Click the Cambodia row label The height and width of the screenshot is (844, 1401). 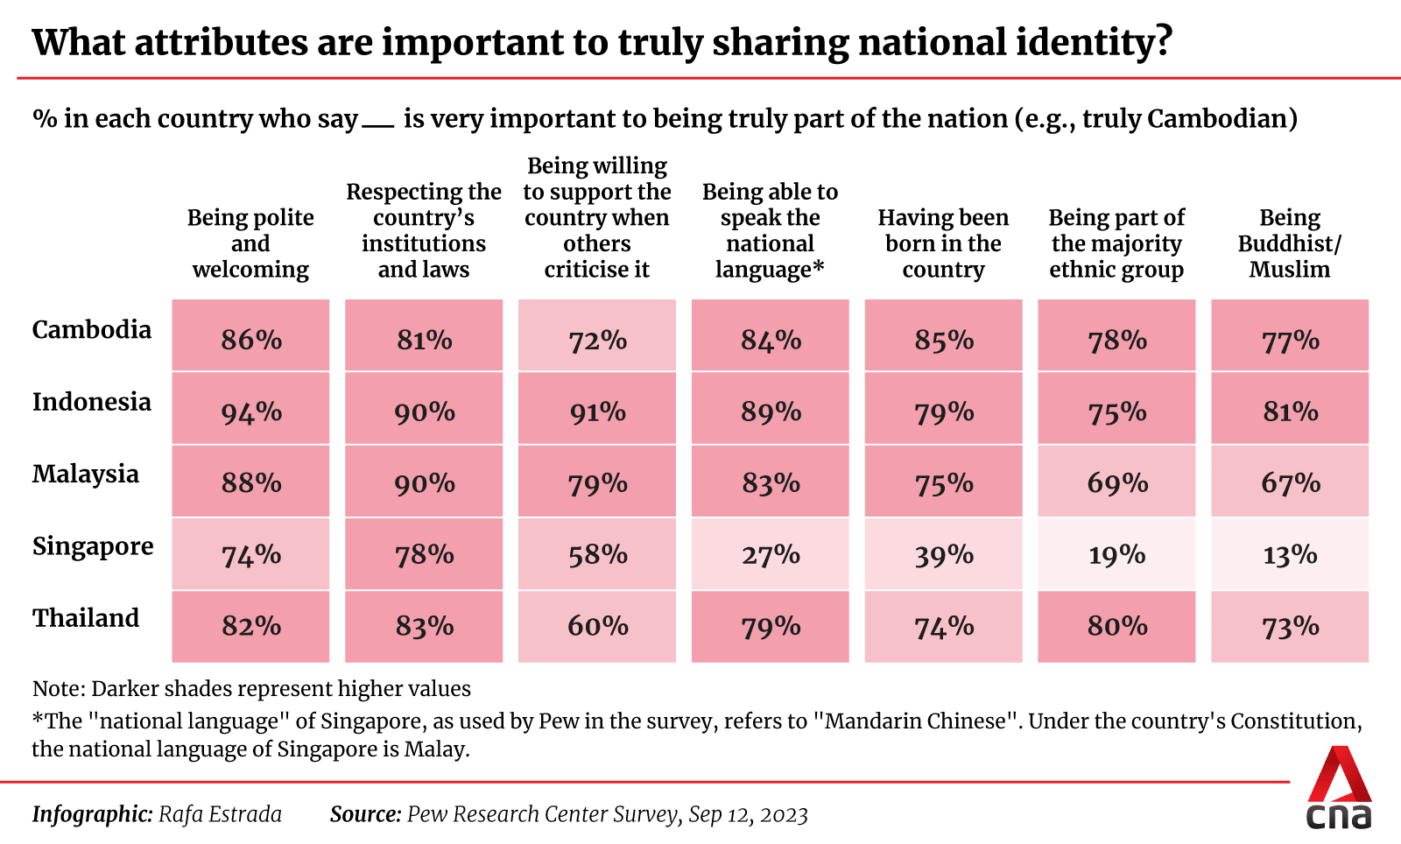92,330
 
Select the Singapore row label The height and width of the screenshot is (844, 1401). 93,546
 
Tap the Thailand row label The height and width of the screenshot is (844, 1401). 86,618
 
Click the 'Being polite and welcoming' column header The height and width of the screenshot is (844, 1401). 250,243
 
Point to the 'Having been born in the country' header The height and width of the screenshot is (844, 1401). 943,243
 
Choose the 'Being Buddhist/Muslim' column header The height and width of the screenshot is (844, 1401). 1289,243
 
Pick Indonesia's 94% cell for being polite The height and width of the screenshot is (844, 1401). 251,411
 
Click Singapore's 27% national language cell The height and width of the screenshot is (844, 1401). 771,555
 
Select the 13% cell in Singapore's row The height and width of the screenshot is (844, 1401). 1290,555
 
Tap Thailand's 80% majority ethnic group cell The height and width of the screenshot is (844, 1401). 1116,627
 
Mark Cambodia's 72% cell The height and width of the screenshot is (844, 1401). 597,340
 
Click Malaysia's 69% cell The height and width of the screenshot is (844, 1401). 1116,483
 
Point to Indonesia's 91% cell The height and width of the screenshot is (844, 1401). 597,411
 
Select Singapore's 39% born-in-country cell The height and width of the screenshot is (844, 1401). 943,555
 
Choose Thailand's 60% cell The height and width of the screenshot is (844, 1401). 597,627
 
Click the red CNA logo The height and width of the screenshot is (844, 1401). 1339,788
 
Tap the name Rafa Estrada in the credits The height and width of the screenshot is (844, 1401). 220,814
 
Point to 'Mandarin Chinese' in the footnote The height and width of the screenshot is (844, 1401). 916,721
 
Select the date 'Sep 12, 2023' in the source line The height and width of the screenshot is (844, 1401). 748,814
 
